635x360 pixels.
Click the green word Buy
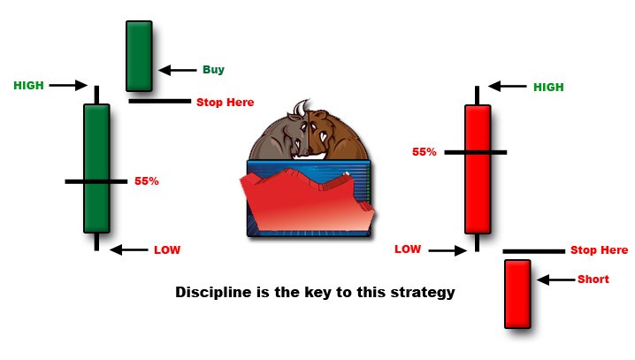[213, 70]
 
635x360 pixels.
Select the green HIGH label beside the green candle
[29, 86]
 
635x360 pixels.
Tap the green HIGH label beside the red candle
[548, 87]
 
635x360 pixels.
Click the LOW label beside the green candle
[167, 249]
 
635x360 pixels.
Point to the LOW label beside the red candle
[408, 249]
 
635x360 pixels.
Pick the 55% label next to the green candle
[147, 181]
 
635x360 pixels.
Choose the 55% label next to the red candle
[425, 152]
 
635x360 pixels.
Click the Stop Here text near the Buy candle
[226, 103]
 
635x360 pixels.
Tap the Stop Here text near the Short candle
[600, 250]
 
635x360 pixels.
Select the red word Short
[593, 279]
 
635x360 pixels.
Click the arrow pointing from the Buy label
[178, 70]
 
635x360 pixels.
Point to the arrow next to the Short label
[556, 280]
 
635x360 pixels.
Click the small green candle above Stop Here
[139, 57]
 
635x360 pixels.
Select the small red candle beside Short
[517, 294]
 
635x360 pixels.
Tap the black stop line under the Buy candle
[159, 101]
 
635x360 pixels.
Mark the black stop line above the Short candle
[534, 251]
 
